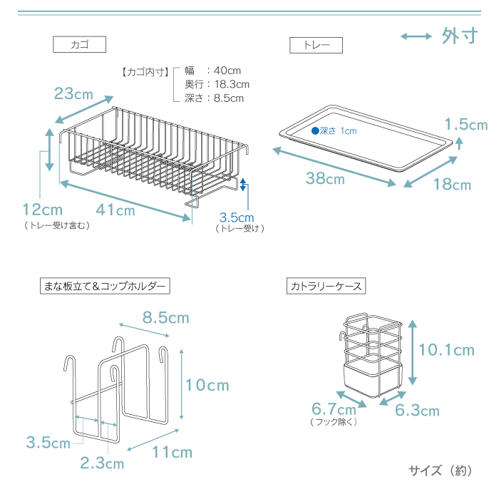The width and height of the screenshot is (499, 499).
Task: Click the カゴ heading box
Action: pos(79,44)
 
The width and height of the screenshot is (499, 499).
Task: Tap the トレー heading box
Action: pos(316,45)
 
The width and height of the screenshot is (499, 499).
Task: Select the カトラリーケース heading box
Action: pos(326,286)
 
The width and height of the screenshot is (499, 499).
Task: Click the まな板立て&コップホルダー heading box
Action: pos(105,286)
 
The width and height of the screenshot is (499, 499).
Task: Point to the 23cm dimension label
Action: pos(73,93)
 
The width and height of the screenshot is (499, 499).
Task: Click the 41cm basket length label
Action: pos(115,210)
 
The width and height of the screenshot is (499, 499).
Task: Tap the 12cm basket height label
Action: pos(43,210)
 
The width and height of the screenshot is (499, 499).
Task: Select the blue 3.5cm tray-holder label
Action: pos(237,217)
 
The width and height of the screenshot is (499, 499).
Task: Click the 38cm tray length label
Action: pos(325,178)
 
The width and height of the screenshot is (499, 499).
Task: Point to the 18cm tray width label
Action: pos(452,184)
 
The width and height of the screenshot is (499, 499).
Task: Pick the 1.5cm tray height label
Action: pos(466,124)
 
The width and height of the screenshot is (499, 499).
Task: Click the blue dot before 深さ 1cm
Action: pos(315,130)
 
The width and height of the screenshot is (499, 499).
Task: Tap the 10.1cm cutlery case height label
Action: pos(446,350)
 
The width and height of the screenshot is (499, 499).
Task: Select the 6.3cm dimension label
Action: pos(417,410)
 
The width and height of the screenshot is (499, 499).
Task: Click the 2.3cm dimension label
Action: pos(102,463)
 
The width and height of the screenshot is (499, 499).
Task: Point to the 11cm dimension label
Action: pos(173,452)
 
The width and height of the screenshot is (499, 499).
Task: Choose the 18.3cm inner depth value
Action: pos(232,84)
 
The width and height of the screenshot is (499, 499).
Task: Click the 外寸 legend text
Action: pos(460,36)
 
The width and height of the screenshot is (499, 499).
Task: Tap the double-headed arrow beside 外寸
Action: pos(416,36)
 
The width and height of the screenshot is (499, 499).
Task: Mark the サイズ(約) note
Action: pos(441,470)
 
